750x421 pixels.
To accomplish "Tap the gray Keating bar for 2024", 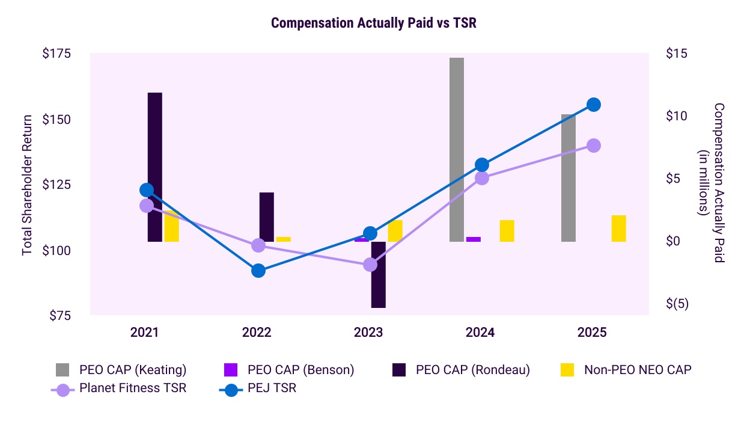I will (x=457, y=150).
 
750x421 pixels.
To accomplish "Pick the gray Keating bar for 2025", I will (x=569, y=178).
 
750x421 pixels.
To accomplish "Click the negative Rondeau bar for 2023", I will (x=378, y=275).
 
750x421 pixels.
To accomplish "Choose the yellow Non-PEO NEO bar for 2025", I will (x=618, y=229).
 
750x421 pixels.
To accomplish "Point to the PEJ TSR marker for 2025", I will (x=594, y=105).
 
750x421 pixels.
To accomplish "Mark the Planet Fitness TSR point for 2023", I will (x=370, y=265).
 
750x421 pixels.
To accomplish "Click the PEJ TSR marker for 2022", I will (x=258, y=271).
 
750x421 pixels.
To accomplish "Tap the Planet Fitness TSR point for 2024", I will (x=482, y=178).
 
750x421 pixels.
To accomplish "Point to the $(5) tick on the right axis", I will (x=677, y=304).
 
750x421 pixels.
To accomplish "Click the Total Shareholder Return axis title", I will (x=28, y=184).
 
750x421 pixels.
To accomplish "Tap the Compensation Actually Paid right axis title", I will (x=712, y=183).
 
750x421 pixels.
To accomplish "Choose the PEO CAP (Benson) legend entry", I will (x=288, y=370).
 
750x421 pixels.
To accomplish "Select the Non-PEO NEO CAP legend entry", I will (x=625, y=370).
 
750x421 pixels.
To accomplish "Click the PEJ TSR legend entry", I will (x=261, y=388).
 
